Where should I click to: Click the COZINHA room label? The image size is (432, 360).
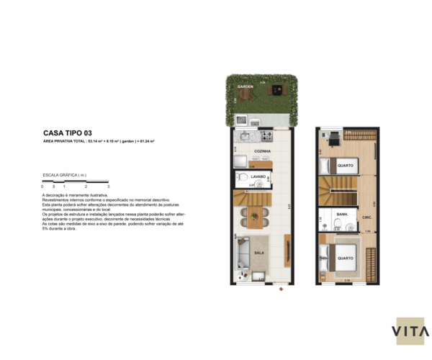(x=262, y=152)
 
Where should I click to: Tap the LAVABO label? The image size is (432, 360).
(x=259, y=176)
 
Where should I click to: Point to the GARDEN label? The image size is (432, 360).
(x=246, y=86)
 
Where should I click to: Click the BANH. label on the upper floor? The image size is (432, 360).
(x=343, y=215)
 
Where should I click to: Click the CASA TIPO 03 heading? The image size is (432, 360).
(x=68, y=132)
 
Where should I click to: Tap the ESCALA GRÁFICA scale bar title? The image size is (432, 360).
(x=65, y=175)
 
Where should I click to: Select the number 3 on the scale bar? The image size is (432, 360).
(x=108, y=186)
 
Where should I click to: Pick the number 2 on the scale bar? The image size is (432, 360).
(x=86, y=186)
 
